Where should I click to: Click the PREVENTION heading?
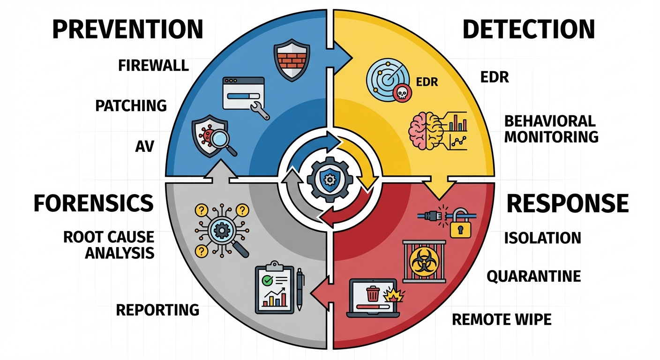point(127,29)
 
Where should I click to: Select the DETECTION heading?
point(529,29)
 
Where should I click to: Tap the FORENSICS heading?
point(94,203)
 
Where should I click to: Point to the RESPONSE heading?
point(568,203)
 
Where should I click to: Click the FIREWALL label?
point(153,65)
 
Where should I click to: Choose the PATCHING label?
point(131,105)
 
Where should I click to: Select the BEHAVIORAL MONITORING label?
point(551,129)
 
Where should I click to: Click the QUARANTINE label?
point(533,276)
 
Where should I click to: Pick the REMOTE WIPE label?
point(502,320)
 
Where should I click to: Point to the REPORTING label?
point(157,310)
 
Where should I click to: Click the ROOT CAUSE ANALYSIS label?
point(109,245)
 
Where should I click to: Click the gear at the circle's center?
point(330,179)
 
